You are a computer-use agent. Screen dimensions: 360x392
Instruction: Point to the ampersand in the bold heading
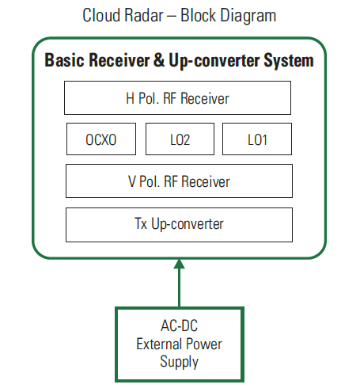click(159, 60)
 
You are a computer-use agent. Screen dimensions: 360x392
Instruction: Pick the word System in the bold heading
click(289, 61)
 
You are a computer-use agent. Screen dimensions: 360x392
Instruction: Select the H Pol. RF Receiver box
click(177, 98)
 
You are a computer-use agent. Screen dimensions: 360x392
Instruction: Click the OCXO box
click(101, 139)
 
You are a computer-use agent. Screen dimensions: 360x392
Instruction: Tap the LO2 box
click(180, 139)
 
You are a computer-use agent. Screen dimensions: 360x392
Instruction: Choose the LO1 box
click(257, 139)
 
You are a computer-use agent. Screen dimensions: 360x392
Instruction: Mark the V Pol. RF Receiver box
click(179, 181)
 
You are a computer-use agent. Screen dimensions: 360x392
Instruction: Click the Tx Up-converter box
click(179, 225)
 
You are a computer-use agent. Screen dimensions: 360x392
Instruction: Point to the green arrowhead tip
click(180, 259)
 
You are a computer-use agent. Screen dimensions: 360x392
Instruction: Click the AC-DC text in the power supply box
click(180, 325)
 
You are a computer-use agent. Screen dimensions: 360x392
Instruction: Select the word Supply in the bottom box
click(180, 362)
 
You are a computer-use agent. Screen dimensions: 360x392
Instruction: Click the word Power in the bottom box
click(203, 344)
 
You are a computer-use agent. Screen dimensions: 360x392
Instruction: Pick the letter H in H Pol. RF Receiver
click(131, 98)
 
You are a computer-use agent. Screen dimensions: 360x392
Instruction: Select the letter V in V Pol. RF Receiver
click(132, 181)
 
